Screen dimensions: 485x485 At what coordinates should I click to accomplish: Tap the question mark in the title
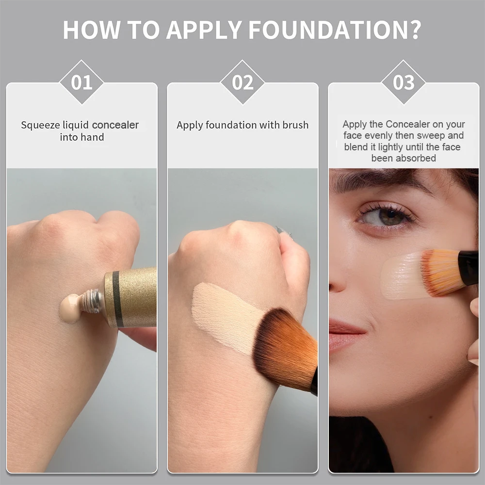(x=413, y=30)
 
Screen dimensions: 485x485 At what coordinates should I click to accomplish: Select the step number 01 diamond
(x=81, y=82)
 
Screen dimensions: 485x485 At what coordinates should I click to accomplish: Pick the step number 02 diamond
(x=242, y=82)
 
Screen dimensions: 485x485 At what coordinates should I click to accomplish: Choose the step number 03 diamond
(x=404, y=82)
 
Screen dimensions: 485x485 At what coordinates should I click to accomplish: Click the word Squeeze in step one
(x=41, y=125)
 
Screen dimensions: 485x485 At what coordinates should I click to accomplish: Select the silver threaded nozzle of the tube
(x=92, y=301)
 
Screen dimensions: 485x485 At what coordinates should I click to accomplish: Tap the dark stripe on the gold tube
(x=116, y=298)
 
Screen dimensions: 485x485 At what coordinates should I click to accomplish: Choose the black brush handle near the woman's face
(x=469, y=267)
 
